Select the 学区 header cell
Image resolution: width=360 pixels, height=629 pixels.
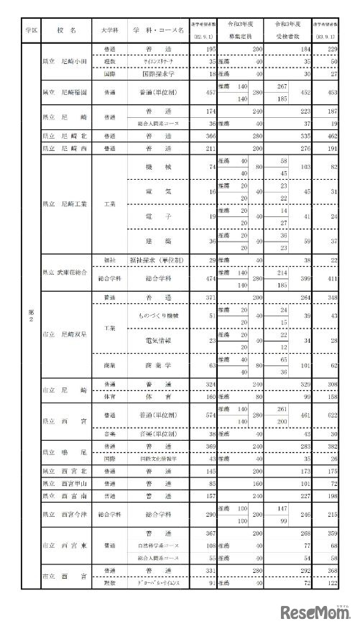click(x=31, y=31)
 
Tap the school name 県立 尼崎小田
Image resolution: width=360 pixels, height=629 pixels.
click(x=65, y=63)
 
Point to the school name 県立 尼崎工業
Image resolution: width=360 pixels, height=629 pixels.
click(x=65, y=203)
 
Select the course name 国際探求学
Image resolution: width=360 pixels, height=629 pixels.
click(x=158, y=73)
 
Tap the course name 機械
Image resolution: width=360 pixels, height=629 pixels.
click(x=158, y=167)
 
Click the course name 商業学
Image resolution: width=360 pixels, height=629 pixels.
click(x=158, y=365)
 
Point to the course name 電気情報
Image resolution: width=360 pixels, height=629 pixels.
click(x=158, y=340)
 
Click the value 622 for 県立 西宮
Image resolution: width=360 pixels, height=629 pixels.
click(x=331, y=415)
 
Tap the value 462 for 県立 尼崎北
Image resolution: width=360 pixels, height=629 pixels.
click(x=331, y=134)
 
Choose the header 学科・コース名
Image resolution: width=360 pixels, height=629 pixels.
click(x=158, y=31)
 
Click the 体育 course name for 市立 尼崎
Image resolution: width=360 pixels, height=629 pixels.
click(x=158, y=395)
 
